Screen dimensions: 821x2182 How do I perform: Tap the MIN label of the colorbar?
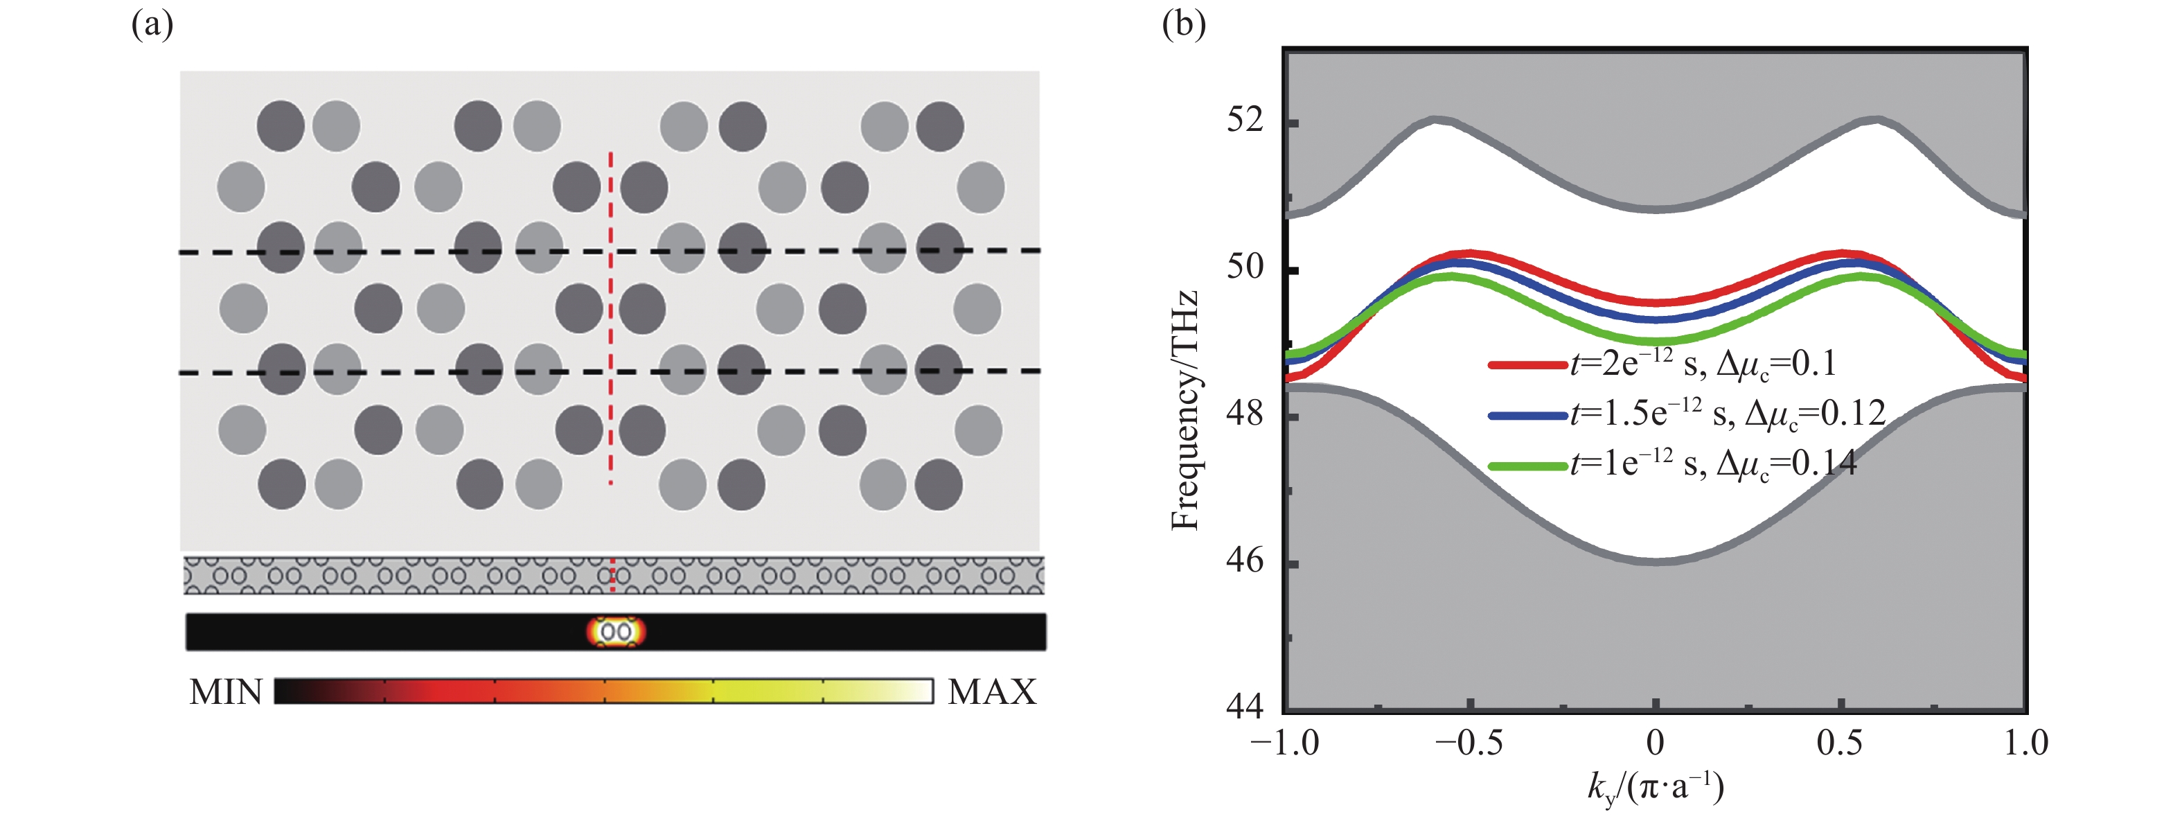pos(226,692)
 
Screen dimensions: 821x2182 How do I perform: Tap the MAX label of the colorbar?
pos(992,692)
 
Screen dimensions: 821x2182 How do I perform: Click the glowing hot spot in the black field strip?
pos(616,632)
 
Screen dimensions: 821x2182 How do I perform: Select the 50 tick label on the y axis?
pos(1245,267)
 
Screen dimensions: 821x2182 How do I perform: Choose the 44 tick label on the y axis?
pos(1245,706)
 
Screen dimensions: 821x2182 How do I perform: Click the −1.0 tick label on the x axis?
pos(1285,744)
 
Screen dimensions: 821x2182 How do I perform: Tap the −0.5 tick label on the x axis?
pos(1469,744)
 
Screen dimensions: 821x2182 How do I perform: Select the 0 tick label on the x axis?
pos(1655,744)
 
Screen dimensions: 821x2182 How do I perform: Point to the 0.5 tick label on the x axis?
pos(1840,744)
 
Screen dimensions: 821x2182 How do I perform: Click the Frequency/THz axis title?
pos(1185,411)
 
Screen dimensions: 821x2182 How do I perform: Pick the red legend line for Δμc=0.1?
pos(1527,365)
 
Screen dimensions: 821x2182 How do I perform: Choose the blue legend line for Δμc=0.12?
pos(1527,415)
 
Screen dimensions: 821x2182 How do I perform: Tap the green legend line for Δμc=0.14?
pos(1527,465)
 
